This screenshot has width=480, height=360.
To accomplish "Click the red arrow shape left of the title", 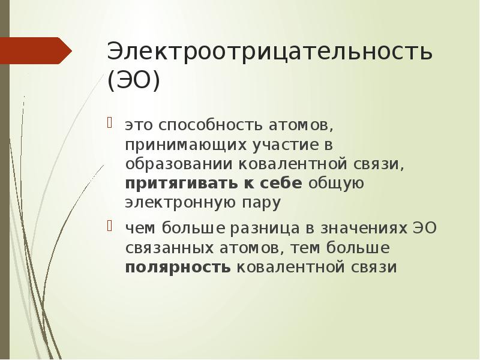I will tap(36, 50).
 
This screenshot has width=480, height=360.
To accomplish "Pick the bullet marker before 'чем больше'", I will tap(110, 227).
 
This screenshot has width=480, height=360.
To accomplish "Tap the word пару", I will tap(262, 203).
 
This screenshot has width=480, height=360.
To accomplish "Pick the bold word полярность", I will tap(178, 266).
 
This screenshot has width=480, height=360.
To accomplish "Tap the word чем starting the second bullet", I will tap(139, 229).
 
